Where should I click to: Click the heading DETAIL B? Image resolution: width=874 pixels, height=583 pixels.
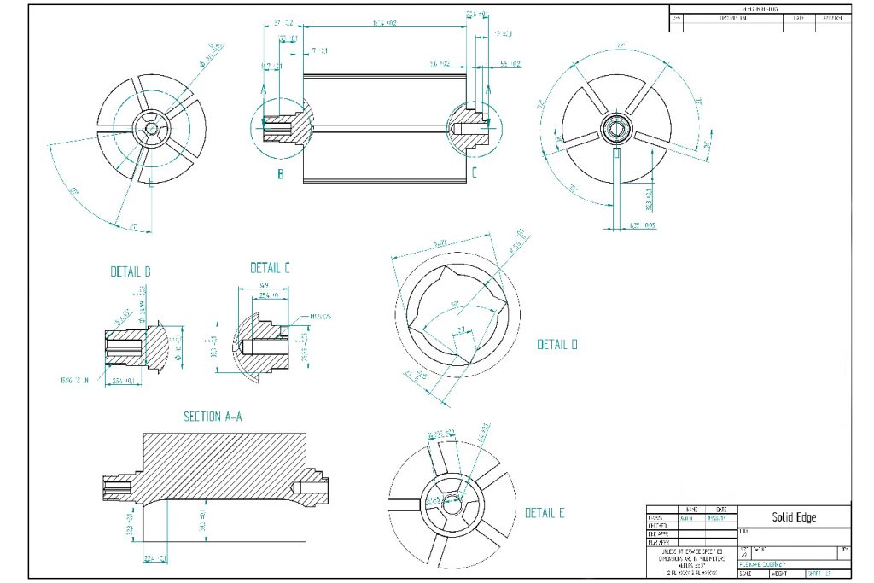(131, 272)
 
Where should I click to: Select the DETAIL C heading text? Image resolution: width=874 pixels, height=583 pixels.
(271, 268)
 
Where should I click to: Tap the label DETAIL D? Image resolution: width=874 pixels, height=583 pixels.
(557, 345)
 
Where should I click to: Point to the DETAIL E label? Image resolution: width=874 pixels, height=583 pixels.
(545, 513)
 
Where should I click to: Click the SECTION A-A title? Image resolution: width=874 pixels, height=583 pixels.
(213, 417)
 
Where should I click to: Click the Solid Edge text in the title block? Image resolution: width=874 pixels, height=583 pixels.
(794, 517)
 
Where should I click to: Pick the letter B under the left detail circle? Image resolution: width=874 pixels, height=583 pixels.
(280, 176)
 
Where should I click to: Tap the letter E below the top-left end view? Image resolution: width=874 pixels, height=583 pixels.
(151, 182)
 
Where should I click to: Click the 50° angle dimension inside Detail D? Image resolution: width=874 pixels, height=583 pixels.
(456, 305)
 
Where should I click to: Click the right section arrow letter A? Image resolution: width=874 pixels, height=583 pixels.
(488, 88)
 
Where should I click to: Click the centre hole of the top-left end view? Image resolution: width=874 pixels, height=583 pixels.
(150, 128)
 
